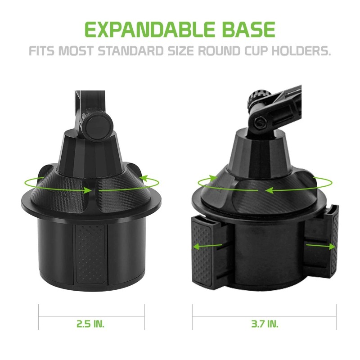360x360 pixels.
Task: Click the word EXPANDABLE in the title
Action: click(144, 29)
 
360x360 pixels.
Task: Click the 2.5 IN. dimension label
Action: click(91, 323)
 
